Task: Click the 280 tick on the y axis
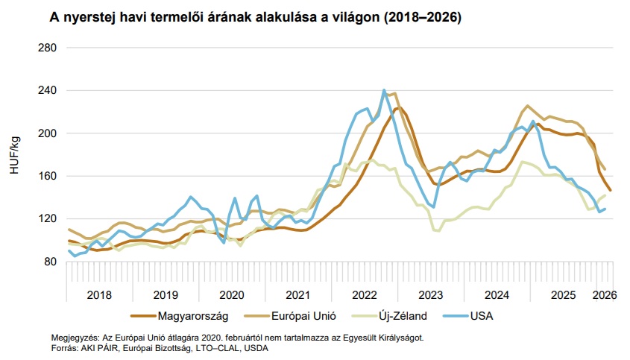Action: click(46, 48)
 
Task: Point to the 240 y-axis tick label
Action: click(46, 90)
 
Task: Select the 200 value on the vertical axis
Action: click(46, 133)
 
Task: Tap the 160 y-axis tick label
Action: click(46, 176)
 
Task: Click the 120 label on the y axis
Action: click(46, 219)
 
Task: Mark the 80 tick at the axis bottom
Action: click(49, 262)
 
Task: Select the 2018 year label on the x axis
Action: click(99, 294)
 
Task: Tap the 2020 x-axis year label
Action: click(232, 294)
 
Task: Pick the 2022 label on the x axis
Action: click(365, 294)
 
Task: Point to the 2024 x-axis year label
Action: click(497, 294)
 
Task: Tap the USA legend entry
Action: click(482, 316)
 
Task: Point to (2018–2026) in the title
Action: click(419, 16)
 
